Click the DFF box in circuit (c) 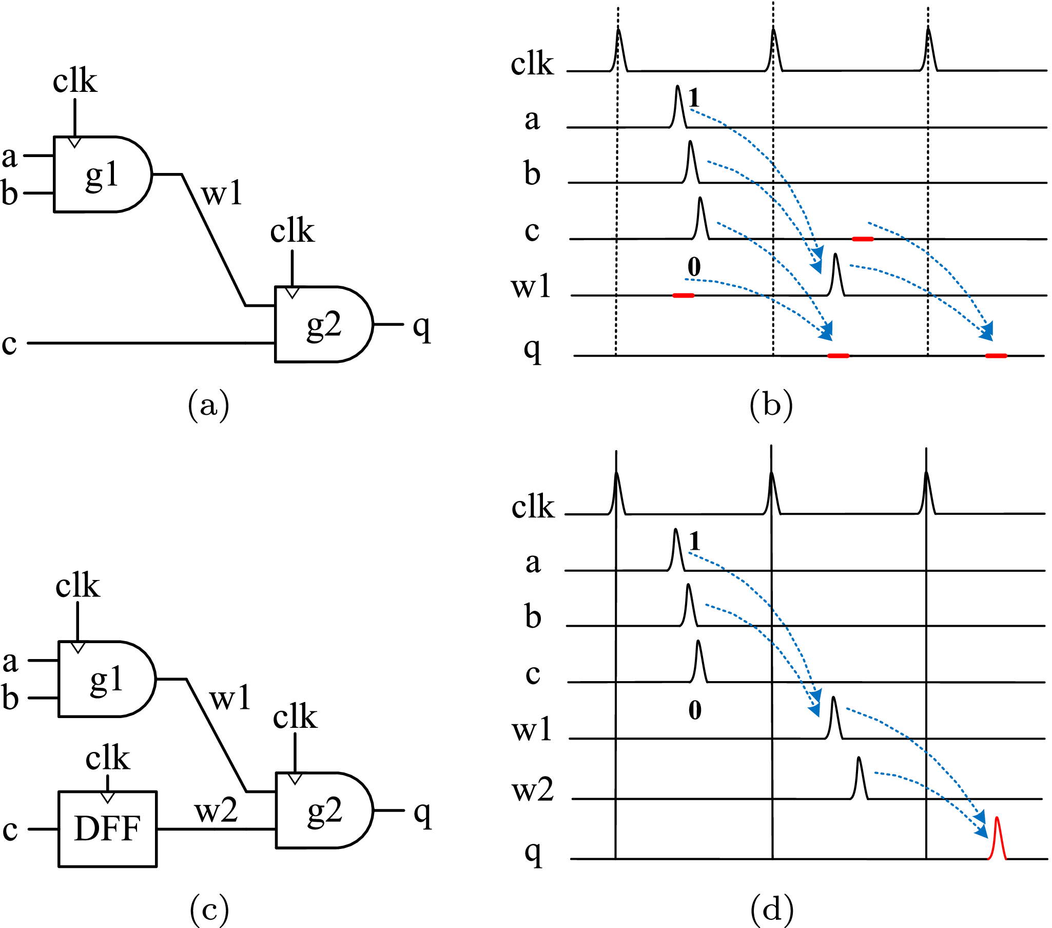[x=107, y=828]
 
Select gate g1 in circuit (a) [x=102, y=174]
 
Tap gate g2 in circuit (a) [x=323, y=324]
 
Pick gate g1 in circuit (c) [x=106, y=679]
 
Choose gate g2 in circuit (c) [x=324, y=810]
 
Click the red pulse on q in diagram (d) [x=997, y=840]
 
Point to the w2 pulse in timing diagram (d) [x=859, y=779]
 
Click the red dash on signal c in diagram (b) [x=863, y=239]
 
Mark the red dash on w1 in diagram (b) [x=683, y=296]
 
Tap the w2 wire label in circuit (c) [x=216, y=810]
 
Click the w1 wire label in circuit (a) [x=221, y=194]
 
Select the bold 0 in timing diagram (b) [x=694, y=266]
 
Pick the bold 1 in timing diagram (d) [x=695, y=542]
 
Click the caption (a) [x=208, y=405]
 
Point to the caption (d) [x=771, y=909]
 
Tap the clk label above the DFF [x=108, y=758]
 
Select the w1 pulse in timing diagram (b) [x=836, y=275]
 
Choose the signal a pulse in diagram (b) [x=678, y=107]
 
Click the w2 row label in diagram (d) [x=533, y=790]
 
